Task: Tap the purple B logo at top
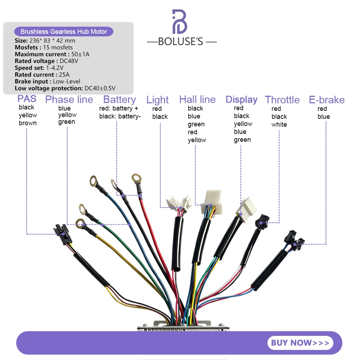click(180, 22)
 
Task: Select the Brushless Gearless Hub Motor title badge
click(64, 32)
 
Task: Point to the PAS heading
click(27, 99)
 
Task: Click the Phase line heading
click(69, 99)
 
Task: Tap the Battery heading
click(120, 99)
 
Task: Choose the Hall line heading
click(197, 99)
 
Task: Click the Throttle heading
click(282, 100)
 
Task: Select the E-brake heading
click(327, 100)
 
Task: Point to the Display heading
click(242, 99)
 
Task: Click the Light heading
click(157, 100)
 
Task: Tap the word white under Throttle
click(279, 125)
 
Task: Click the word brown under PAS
click(28, 123)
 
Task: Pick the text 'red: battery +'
click(118, 108)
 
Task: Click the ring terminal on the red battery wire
click(136, 177)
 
